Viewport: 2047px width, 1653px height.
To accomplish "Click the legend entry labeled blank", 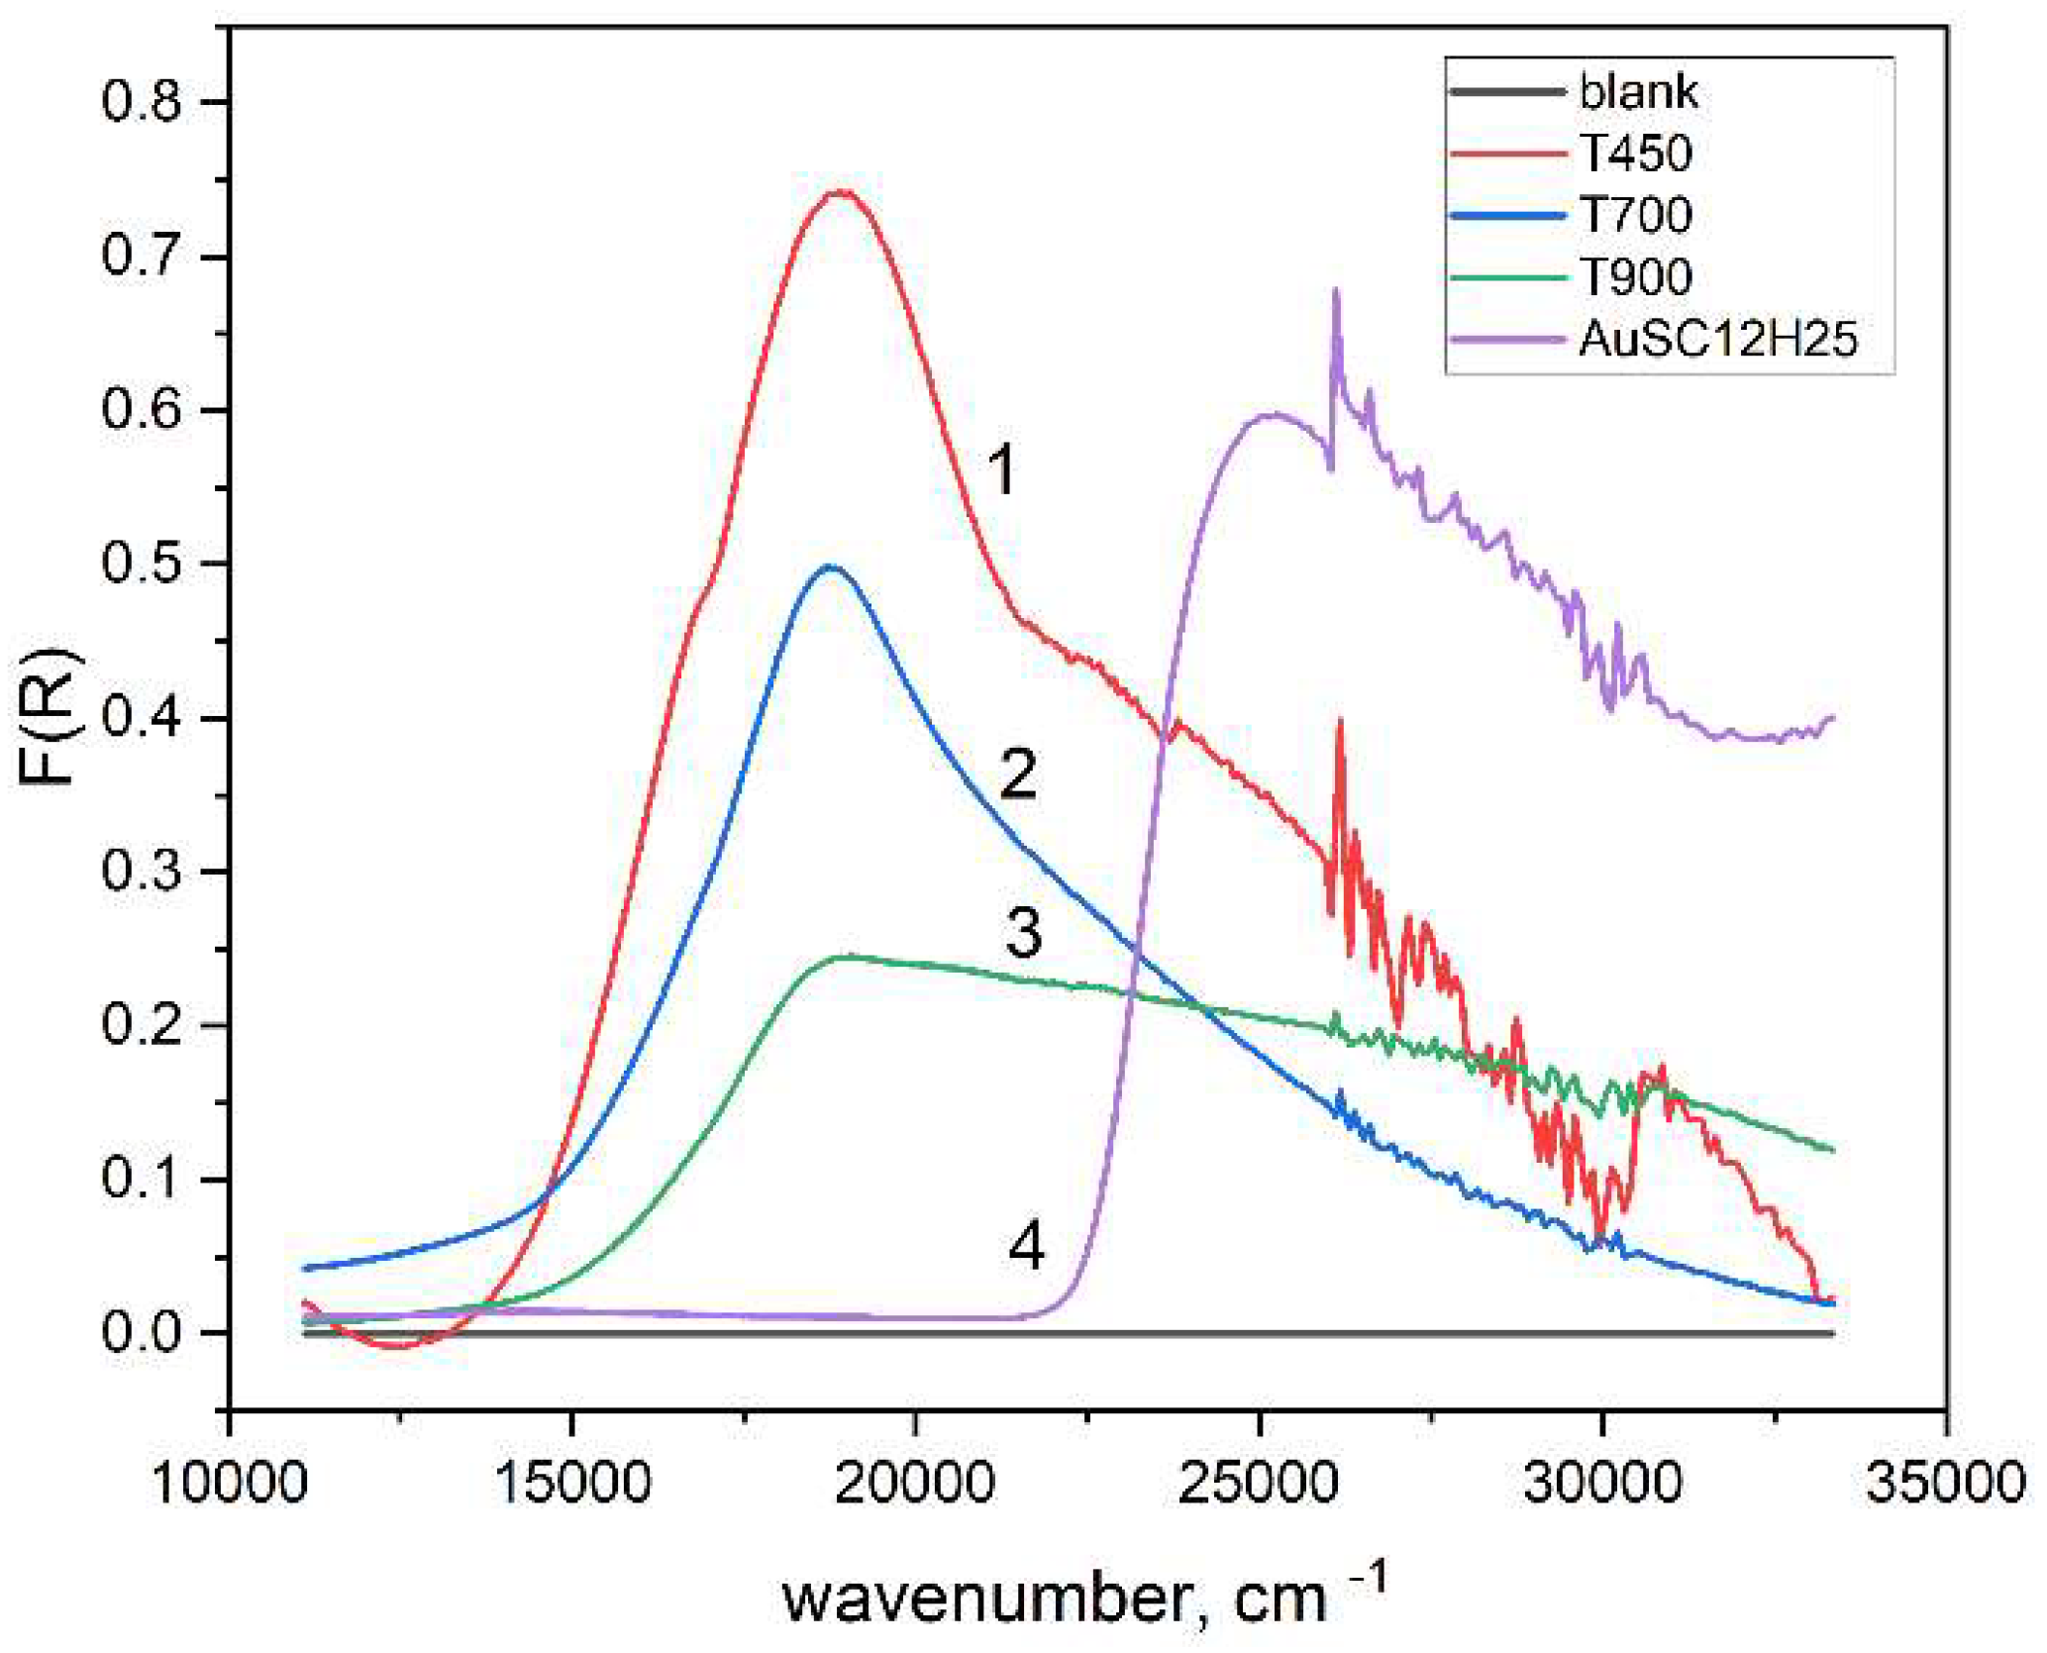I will click(1637, 92).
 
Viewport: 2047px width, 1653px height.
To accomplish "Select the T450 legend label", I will click(1635, 154).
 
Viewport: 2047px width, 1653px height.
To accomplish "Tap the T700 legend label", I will click(1635, 215).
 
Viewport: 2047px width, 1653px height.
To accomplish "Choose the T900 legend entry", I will click(1635, 276).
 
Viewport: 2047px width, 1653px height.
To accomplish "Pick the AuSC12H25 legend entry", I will click(1717, 339).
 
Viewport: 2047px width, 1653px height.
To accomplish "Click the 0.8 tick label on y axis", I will click(142, 102).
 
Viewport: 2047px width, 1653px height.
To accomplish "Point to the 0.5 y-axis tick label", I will click(142, 564).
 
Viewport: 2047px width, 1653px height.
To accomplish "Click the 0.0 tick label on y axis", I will click(142, 1332).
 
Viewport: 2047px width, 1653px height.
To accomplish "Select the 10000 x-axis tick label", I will click(230, 1484).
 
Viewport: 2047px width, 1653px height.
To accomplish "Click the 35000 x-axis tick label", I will click(1945, 1484).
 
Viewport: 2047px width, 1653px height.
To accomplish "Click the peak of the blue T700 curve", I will click(830, 567).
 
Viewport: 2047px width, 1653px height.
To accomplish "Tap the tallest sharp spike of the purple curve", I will click(1336, 290).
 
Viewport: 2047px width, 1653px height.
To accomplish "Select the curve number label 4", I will click(1026, 1245).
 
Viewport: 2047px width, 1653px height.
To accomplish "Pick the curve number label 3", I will click(1023, 933).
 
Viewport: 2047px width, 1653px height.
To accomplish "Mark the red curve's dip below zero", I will click(396, 1346).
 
